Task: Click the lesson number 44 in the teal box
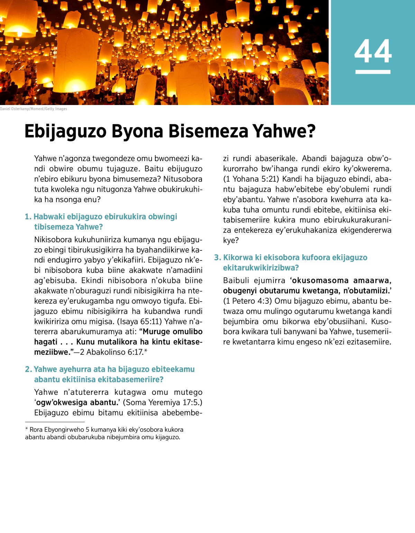373,51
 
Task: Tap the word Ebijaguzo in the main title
65,132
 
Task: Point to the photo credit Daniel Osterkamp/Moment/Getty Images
34,109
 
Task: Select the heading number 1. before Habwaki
28,217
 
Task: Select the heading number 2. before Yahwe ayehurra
28,370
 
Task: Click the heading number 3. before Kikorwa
218,258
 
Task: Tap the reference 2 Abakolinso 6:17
111,352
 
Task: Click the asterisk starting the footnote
27,429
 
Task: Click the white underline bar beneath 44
373,72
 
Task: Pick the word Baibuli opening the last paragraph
237,280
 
